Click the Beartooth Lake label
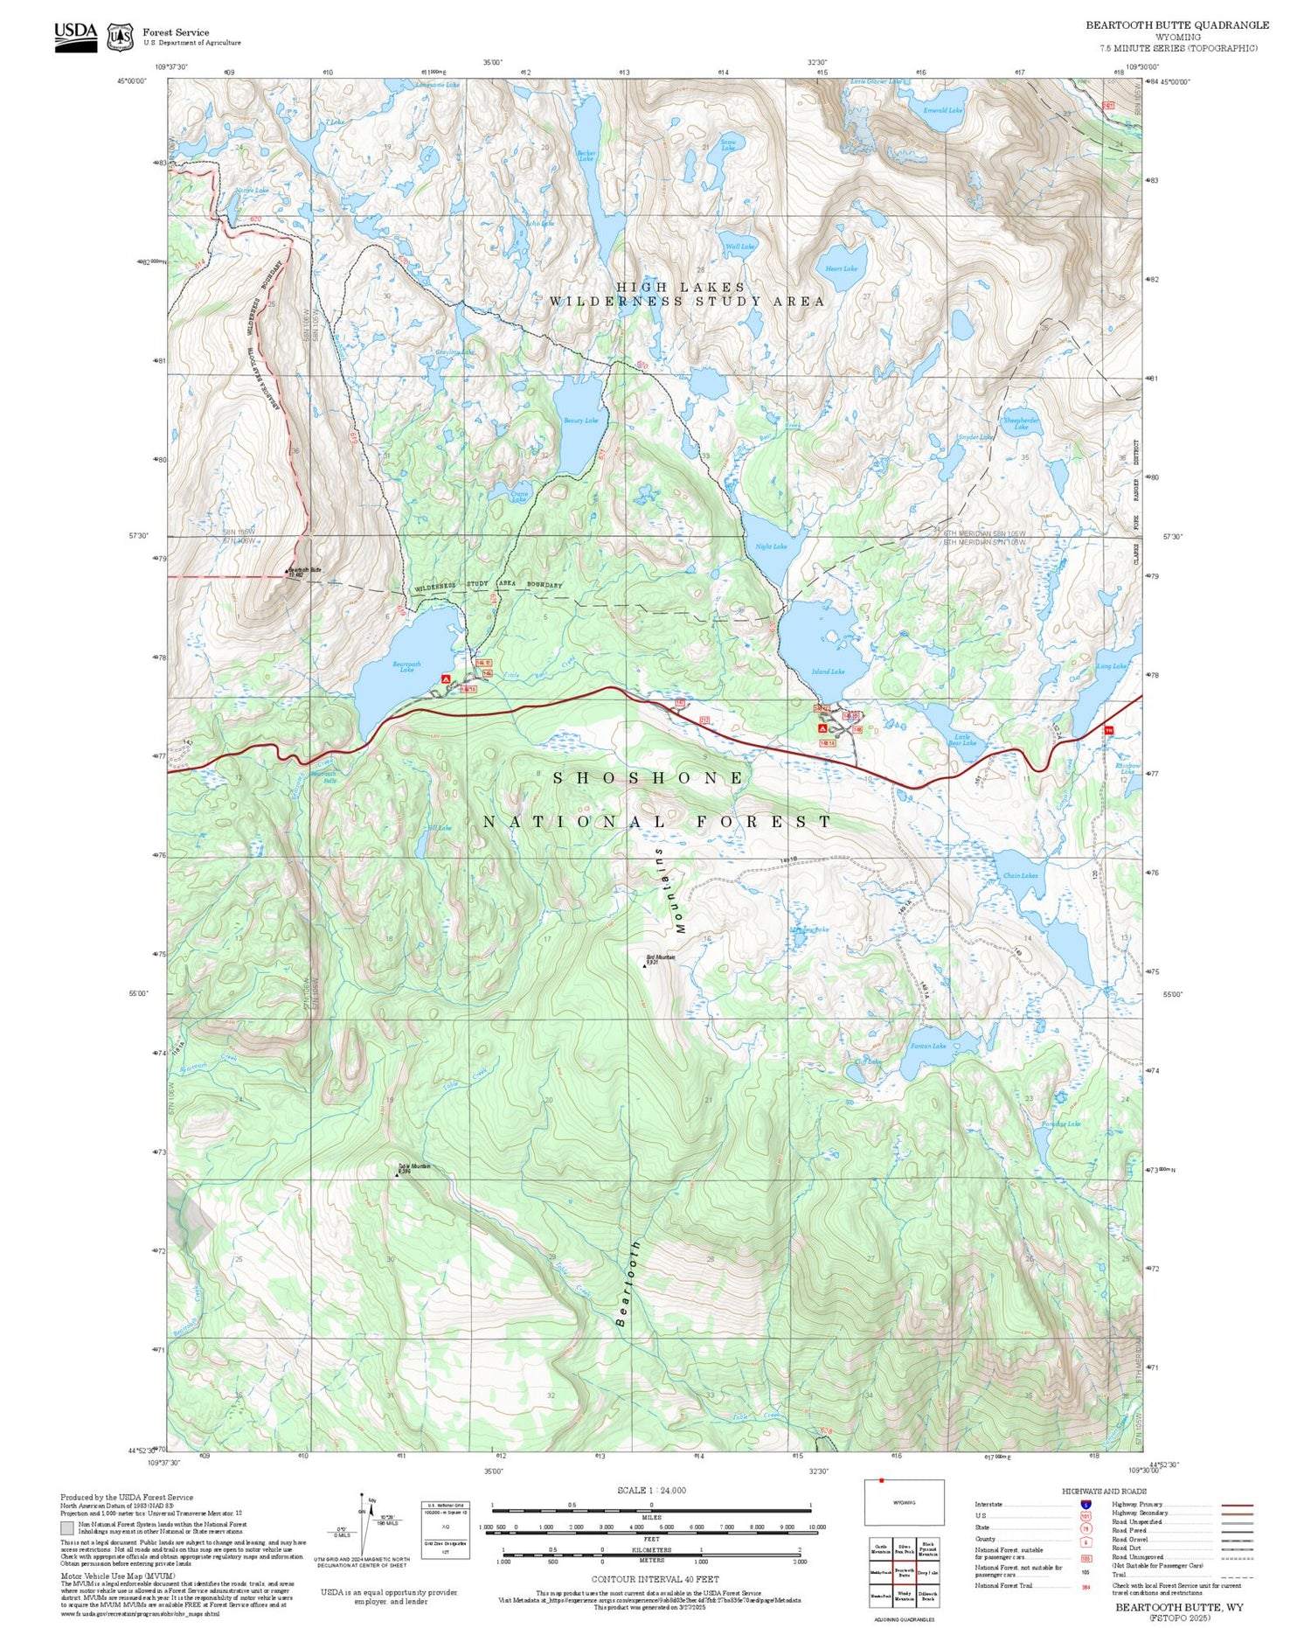pyautogui.click(x=406, y=666)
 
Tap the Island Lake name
pyautogui.click(x=828, y=671)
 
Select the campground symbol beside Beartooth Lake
pyautogui.click(x=446, y=678)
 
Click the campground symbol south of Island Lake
pyautogui.click(x=822, y=727)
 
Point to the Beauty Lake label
pyautogui.click(x=580, y=421)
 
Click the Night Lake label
pyautogui.click(x=771, y=546)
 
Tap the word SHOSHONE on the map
pyautogui.click(x=649, y=777)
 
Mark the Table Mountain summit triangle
pyautogui.click(x=398, y=1175)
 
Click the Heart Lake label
pyautogui.click(x=841, y=268)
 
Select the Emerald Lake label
pyautogui.click(x=943, y=110)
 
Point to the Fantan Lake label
pyautogui.click(x=928, y=1046)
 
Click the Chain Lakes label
pyautogui.click(x=1020, y=875)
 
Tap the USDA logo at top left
pyautogui.click(x=75, y=36)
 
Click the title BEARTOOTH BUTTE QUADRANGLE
pyautogui.click(x=1176, y=24)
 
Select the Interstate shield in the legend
pyautogui.click(x=1086, y=1505)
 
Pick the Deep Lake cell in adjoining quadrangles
pyautogui.click(x=927, y=1571)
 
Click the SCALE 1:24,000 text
pyautogui.click(x=651, y=1490)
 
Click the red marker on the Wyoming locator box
pyautogui.click(x=881, y=1480)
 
